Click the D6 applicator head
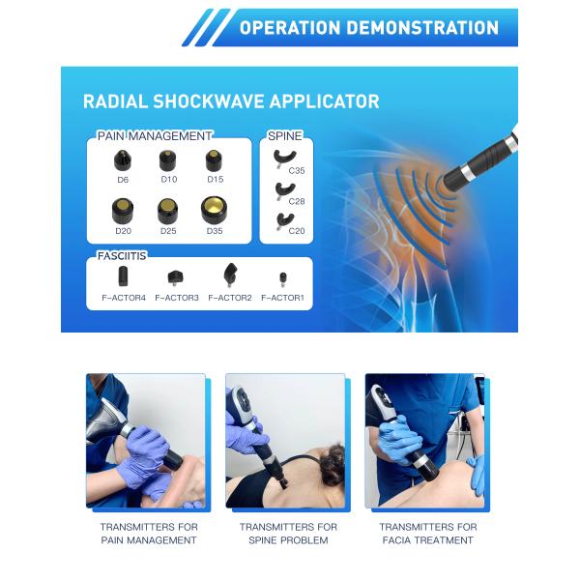tap(123, 160)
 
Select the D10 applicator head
tap(168, 160)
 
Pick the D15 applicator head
tap(214, 160)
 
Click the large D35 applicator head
tap(215, 209)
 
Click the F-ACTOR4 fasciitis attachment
tap(123, 276)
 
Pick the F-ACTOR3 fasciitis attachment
tap(175, 277)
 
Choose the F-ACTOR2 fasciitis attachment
tap(230, 275)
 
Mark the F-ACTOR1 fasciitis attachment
tap(282, 278)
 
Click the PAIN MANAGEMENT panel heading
tap(155, 136)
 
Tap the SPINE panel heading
tap(282, 136)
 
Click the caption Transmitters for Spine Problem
tap(289, 534)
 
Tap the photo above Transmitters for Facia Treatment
tap(425, 441)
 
